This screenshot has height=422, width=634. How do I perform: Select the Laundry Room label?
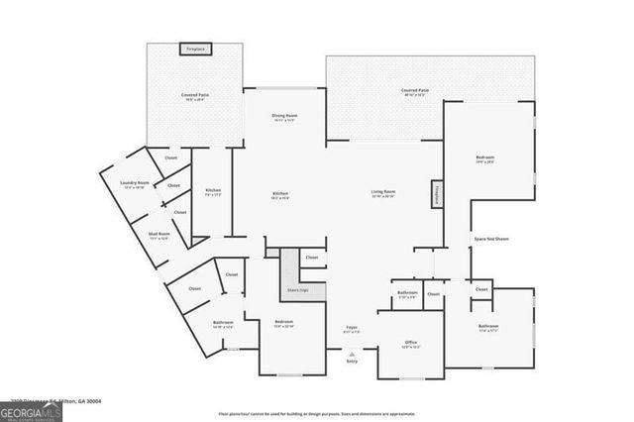click(x=135, y=184)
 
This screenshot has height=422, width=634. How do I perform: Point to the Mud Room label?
click(x=159, y=236)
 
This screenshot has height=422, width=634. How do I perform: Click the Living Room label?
click(x=383, y=193)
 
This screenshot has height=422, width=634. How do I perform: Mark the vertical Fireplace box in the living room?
click(x=435, y=195)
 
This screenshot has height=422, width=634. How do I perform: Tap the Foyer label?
click(x=351, y=328)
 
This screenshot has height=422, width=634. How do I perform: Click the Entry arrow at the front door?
click(x=351, y=353)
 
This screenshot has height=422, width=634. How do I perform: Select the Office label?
click(x=410, y=344)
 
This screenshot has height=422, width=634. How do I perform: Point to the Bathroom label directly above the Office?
click(x=407, y=293)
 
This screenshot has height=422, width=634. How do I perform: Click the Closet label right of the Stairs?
click(x=312, y=258)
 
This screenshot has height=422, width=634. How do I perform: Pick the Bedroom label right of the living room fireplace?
click(x=485, y=159)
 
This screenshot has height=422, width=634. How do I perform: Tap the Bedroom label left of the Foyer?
click(x=283, y=324)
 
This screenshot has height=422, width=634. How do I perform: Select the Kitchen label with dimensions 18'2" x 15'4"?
click(x=280, y=195)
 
